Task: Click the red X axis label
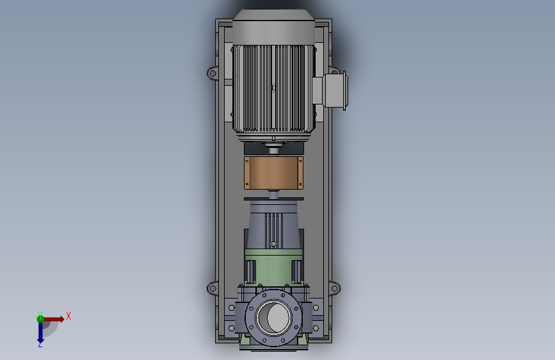point(68,316)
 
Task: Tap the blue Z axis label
point(40,345)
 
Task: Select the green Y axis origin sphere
point(40,319)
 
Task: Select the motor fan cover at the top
point(273,28)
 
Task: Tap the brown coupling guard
point(273,173)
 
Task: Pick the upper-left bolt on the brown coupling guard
point(247,161)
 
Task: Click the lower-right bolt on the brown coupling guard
point(300,184)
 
